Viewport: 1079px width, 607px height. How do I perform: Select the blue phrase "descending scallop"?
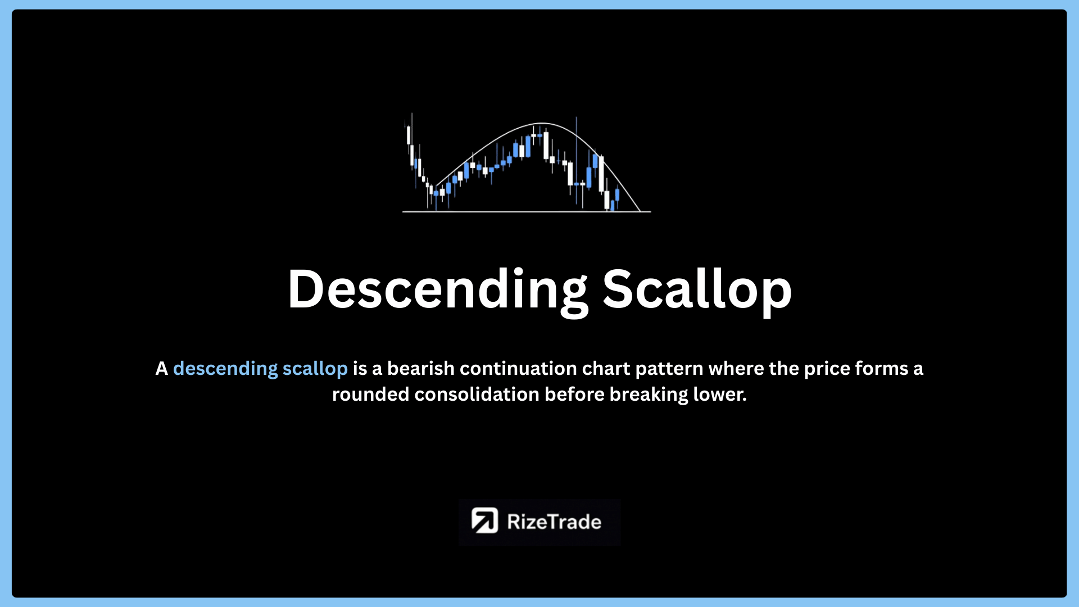tap(260, 369)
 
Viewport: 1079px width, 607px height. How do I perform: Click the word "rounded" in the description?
tap(370, 394)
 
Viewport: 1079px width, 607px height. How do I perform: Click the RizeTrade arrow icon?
tap(484, 520)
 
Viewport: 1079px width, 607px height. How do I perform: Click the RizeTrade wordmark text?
tap(554, 522)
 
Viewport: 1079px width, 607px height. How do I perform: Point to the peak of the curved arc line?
tap(541, 123)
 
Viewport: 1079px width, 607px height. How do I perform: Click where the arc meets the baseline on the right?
tap(640, 211)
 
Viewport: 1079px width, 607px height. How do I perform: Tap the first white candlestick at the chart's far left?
tap(409, 135)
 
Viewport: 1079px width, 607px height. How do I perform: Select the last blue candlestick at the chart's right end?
tap(617, 194)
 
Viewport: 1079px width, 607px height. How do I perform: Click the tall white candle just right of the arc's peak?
tap(546, 146)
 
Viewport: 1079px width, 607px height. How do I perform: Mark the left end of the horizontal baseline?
tap(403, 212)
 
